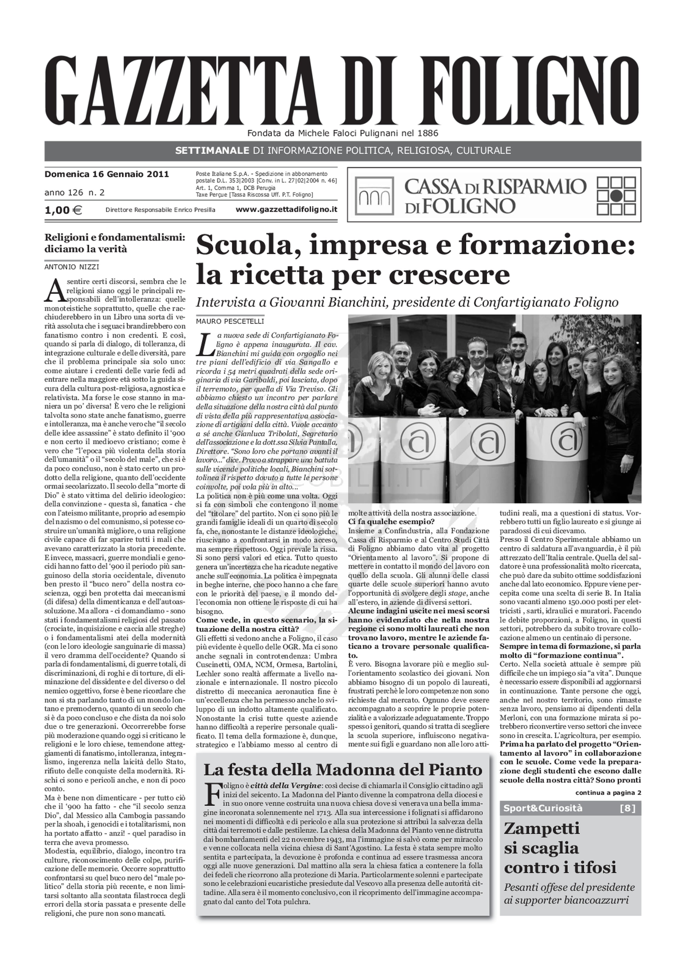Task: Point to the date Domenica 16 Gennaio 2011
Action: point(107,174)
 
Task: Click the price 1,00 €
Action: point(63,210)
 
